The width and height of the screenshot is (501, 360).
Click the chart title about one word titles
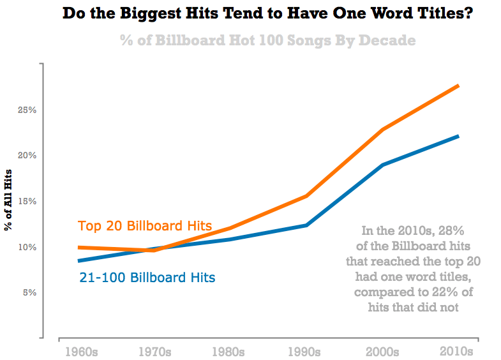(x=268, y=13)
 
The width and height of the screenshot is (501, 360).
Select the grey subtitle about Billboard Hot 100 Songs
(x=267, y=40)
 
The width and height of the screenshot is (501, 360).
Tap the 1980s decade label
(x=228, y=352)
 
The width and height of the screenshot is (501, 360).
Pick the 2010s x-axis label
(x=457, y=352)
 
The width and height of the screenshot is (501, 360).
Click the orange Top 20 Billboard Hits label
(x=144, y=226)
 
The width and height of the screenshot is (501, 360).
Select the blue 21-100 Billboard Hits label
(x=147, y=278)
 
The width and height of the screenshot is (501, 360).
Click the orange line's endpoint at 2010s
(x=458, y=86)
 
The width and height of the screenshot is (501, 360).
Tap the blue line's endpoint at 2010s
(x=458, y=136)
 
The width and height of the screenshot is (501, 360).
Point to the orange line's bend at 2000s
(x=382, y=130)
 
